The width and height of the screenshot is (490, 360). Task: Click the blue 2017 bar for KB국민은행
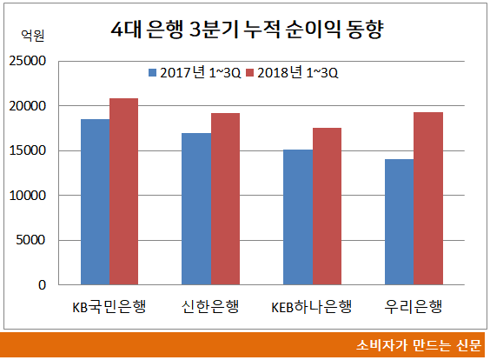[x=95, y=202]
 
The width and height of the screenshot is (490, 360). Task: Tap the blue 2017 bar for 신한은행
[x=196, y=209]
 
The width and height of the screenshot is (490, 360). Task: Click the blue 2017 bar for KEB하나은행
[x=298, y=217]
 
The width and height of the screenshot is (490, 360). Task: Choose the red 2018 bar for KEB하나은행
[x=327, y=206]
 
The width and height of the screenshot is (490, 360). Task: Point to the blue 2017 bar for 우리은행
[x=400, y=222]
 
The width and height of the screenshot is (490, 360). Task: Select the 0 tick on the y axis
[x=40, y=284]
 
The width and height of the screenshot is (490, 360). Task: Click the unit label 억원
[x=31, y=36]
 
